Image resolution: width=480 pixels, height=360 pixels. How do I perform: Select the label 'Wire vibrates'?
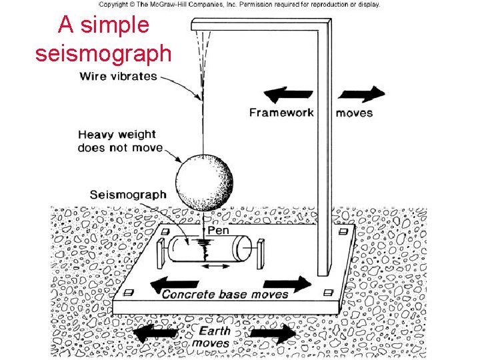119,76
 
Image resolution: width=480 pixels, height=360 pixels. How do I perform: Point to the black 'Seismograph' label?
127,195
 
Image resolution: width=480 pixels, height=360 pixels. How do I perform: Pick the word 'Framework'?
281,112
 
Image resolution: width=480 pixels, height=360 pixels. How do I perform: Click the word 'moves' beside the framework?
355,113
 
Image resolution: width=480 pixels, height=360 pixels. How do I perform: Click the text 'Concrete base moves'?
225,294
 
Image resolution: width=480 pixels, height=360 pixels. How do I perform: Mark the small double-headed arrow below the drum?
213,267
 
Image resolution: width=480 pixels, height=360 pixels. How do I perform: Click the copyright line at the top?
240,4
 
